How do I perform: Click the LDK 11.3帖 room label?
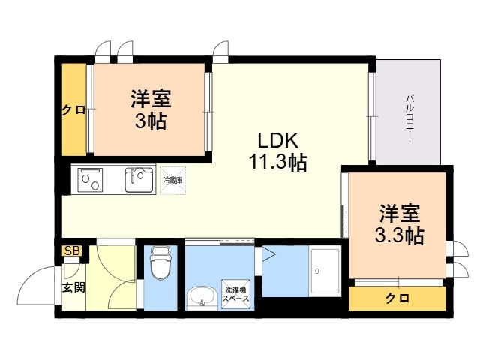278,151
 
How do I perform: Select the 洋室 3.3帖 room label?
398,224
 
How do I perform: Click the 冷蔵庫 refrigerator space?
172,180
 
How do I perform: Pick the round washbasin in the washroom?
199,298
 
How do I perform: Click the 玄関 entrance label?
73,286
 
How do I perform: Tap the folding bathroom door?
268,255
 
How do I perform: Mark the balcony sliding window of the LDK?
372,117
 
